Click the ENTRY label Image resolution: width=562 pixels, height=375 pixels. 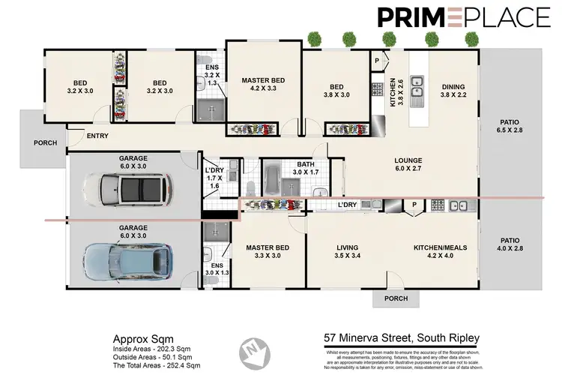(97, 136)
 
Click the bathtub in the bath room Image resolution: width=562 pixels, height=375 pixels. (271, 181)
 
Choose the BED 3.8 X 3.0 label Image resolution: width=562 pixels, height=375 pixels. (336, 91)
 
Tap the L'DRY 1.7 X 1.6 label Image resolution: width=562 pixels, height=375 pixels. (215, 175)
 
